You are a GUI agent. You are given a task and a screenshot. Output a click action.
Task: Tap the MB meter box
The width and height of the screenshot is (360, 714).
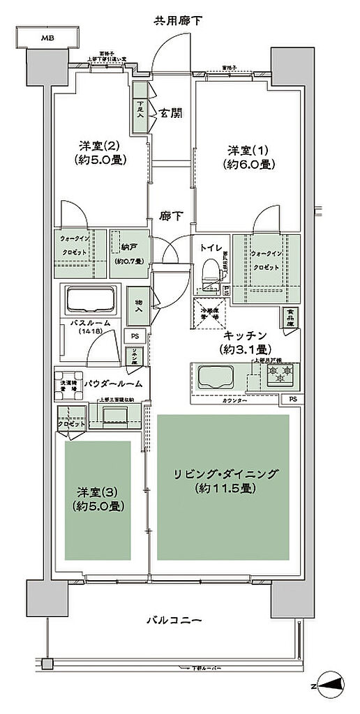click(47, 38)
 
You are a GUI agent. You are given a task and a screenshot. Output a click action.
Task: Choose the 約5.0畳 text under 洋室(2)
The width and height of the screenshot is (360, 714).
click(99, 160)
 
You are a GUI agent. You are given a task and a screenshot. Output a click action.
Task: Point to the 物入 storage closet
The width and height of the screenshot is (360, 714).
click(139, 305)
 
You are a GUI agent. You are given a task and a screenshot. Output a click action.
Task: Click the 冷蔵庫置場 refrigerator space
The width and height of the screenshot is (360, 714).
click(211, 312)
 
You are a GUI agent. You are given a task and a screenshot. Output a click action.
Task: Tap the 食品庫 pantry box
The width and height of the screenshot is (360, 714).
click(287, 319)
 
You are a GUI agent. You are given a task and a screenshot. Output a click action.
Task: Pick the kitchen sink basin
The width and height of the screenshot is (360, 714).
click(217, 378)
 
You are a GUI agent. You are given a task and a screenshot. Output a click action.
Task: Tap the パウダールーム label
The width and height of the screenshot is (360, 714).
click(114, 383)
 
